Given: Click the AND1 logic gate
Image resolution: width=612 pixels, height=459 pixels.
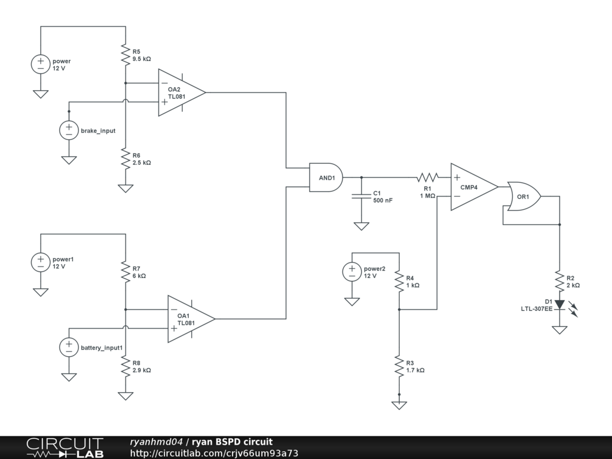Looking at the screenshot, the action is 326,178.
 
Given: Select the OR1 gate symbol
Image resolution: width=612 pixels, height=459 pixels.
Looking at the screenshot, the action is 524,196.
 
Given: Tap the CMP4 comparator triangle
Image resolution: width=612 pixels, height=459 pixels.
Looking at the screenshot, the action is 474,187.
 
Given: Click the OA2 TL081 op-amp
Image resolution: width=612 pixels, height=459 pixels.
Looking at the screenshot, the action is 182,93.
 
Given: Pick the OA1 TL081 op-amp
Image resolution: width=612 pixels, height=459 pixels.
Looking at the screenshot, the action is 191,319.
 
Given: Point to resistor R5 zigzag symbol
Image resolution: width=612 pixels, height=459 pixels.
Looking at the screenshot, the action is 126,54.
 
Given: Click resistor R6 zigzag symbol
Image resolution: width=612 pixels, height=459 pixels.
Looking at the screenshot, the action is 126,158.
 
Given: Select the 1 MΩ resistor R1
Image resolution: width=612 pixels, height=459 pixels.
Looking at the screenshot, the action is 427,178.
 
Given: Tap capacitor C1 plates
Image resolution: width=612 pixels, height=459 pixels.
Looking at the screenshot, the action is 362,196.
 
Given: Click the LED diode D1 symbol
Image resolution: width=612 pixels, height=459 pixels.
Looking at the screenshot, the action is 559,304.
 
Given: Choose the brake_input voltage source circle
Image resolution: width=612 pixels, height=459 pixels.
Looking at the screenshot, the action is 69,130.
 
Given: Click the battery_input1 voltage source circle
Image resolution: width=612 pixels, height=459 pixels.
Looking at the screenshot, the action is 69,347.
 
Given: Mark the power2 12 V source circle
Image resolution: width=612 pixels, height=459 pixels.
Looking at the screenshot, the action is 352,272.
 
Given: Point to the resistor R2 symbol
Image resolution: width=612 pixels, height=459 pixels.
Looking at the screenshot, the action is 559,281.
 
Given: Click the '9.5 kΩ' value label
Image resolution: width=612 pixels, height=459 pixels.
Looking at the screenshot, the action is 142,59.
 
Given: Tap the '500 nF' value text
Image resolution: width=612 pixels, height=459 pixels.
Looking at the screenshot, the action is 383,200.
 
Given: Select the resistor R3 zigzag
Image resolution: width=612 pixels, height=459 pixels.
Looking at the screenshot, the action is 399,366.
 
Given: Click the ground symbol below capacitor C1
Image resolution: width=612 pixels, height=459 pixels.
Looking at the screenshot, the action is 362,226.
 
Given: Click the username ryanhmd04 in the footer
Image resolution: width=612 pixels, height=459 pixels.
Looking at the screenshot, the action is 156,442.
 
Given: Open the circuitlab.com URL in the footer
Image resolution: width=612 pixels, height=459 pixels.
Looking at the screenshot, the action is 214,453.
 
